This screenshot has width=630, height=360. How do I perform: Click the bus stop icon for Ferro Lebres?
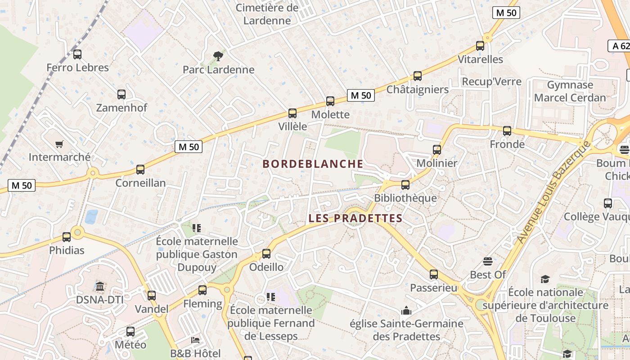coord(77,54)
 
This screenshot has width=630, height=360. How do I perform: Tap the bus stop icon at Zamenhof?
coord(121,94)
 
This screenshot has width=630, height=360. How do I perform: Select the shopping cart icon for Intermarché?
coord(59,144)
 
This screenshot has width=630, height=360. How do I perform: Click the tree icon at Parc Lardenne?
coord(218,56)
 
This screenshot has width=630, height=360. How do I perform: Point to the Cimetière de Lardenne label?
coord(267,14)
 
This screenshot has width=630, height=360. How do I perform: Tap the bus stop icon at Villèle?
coord(292,113)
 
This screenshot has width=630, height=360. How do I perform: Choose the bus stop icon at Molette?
coord(330,101)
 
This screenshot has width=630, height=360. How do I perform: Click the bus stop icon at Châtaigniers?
coord(418,76)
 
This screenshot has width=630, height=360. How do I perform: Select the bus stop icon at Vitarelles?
coord(480,46)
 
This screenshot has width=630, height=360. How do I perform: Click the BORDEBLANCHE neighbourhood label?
coord(313,164)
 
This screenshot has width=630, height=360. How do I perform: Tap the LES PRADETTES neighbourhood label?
coord(355,219)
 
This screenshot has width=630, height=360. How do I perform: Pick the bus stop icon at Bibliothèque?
coord(405,185)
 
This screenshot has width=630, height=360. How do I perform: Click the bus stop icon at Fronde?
coord(507,131)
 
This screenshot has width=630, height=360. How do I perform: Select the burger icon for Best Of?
coord(488,261)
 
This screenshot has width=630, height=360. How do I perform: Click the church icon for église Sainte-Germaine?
coord(406,310)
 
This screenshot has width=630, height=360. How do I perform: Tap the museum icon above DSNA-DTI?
coord(100,286)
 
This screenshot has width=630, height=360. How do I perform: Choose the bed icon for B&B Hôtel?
coord(195,340)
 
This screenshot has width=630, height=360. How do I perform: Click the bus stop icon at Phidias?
coord(67,237)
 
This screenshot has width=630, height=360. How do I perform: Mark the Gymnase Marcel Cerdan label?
coord(570,91)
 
